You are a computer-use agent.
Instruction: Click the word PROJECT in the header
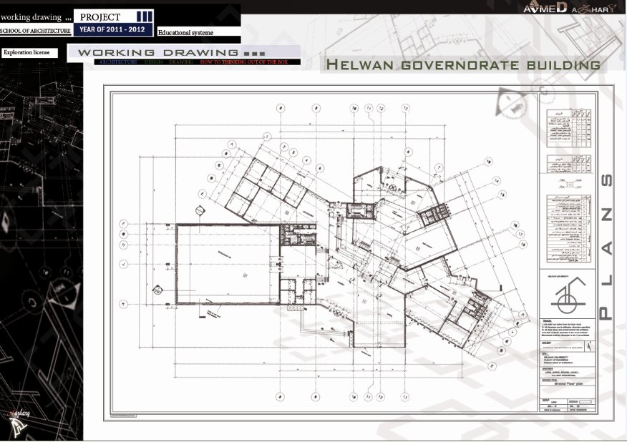pos(100,16)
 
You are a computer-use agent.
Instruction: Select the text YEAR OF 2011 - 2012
pos(112,30)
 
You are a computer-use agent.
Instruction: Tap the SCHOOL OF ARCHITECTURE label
pos(35,31)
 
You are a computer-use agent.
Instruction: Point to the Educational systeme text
pos(185,33)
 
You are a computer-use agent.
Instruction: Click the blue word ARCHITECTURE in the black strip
pos(118,63)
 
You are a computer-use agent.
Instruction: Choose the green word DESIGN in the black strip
pos(153,63)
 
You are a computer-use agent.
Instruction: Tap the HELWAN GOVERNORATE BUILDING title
pos(463,65)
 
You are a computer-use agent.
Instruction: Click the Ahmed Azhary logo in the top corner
pos(573,8)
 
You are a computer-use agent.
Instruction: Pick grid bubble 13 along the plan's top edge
pos(405,108)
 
